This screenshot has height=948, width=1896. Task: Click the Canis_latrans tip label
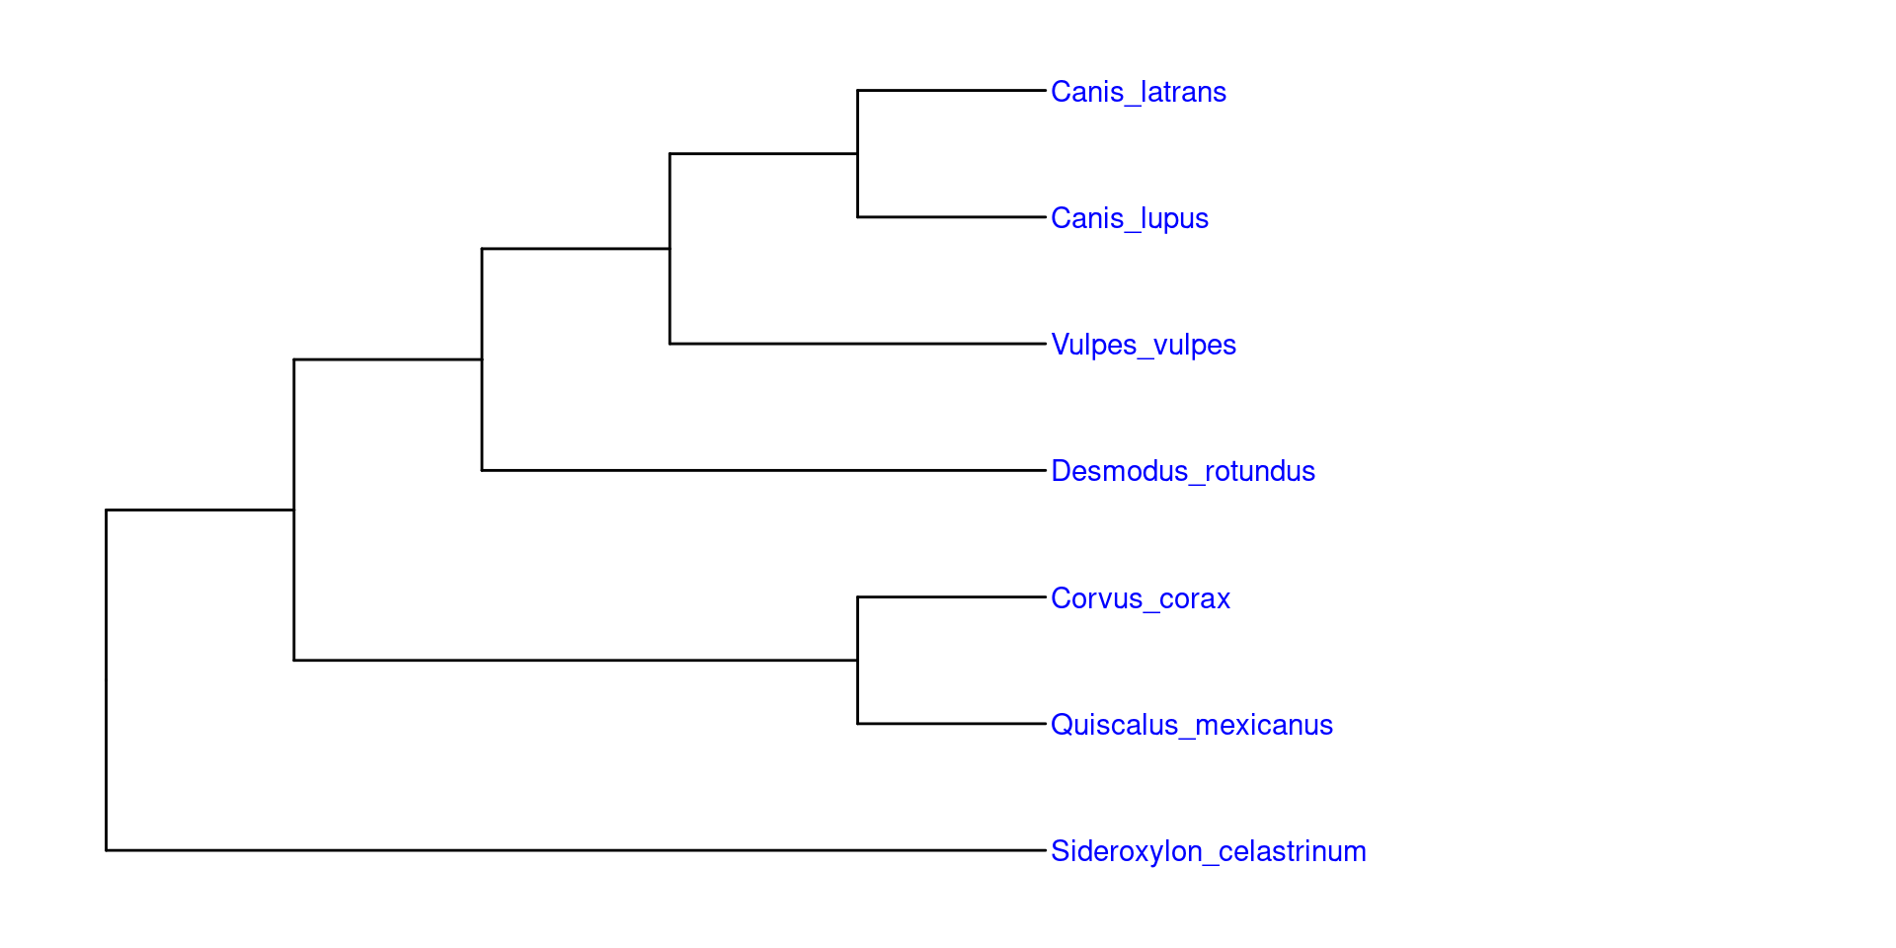(1138, 92)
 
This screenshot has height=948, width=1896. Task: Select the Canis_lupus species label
(1129, 218)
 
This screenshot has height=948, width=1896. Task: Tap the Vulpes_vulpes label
(1143, 345)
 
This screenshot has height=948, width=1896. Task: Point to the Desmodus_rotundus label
(1182, 471)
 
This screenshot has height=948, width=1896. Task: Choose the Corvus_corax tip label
(1140, 598)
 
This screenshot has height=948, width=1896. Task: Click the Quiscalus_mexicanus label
(1191, 725)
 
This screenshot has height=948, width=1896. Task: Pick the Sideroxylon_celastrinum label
(1208, 851)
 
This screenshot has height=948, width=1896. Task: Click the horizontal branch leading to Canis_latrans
(951, 91)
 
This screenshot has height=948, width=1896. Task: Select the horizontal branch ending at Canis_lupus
(951, 217)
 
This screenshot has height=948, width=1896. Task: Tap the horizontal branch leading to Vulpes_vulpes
(857, 344)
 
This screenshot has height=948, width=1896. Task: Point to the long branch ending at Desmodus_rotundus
(763, 470)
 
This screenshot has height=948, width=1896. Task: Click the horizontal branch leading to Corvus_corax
(951, 597)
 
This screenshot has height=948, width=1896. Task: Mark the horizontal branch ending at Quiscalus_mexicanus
(951, 724)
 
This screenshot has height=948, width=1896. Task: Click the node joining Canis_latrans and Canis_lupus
(857, 154)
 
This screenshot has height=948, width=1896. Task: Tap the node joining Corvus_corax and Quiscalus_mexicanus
(857, 661)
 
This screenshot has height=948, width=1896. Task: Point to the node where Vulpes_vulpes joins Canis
(670, 249)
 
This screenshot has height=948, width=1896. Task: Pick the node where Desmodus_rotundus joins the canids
(482, 359)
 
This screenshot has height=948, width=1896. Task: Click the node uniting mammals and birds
(294, 511)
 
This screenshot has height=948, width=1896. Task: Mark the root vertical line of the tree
(107, 680)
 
